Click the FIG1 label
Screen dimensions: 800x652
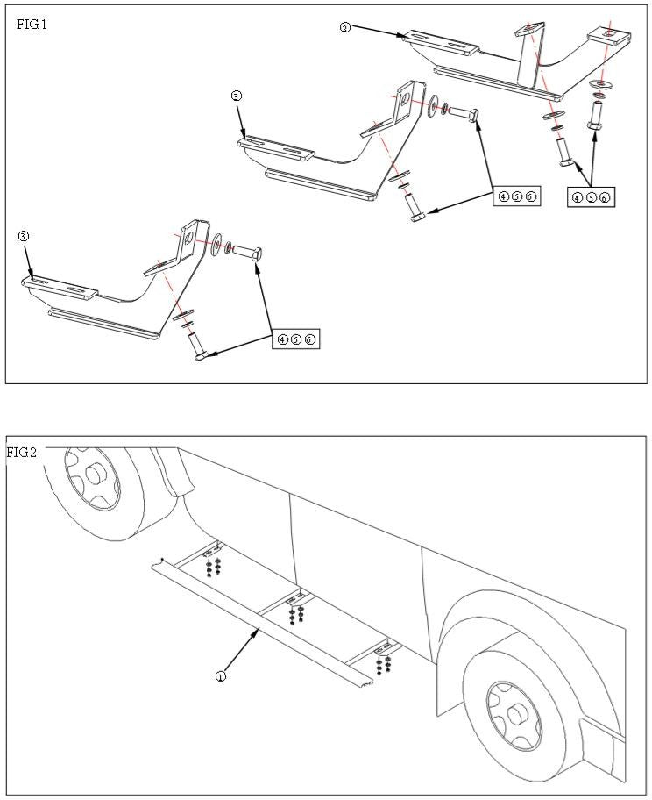click(32, 25)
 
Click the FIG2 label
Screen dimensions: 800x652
click(22, 453)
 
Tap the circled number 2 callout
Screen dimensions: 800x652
click(344, 28)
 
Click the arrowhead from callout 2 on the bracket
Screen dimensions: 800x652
click(404, 37)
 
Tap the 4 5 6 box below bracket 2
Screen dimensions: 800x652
click(590, 198)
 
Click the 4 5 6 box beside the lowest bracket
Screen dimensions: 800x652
click(296, 339)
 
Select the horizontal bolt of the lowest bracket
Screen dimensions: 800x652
click(249, 254)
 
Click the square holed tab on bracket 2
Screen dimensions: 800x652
click(609, 35)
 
